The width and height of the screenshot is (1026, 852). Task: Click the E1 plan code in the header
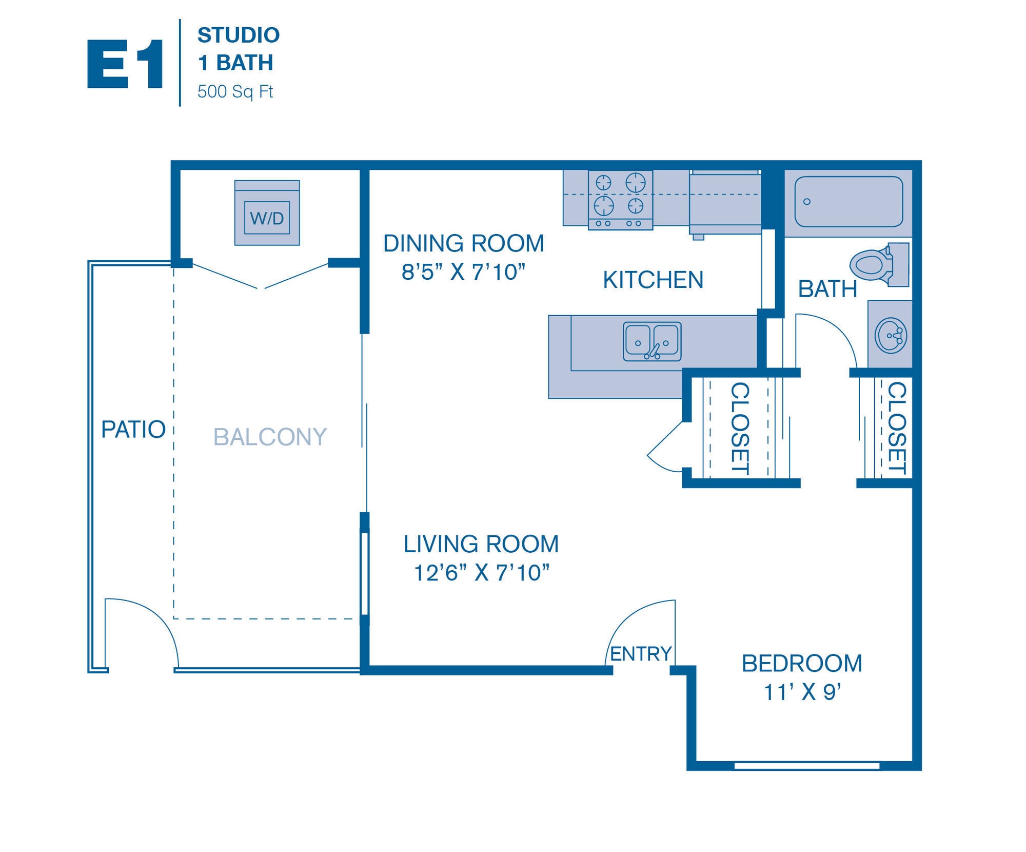tap(126, 65)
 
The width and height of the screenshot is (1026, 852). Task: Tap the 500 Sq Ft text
tap(235, 92)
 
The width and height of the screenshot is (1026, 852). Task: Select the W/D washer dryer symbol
tap(267, 213)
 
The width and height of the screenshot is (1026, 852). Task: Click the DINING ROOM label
tap(463, 243)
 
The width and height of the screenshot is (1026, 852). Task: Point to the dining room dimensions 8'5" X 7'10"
tap(463, 272)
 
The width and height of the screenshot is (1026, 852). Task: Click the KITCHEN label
tap(653, 280)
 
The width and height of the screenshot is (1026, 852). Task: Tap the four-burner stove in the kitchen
tap(620, 200)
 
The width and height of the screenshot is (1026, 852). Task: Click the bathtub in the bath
tap(848, 202)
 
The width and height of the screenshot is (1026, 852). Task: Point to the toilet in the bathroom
tap(877, 265)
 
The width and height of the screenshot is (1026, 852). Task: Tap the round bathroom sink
tap(890, 336)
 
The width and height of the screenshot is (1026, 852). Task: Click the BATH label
tap(827, 289)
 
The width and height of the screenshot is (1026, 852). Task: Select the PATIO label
tap(133, 430)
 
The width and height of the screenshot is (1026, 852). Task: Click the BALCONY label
tap(270, 437)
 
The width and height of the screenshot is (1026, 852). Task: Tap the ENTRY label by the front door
tap(640, 654)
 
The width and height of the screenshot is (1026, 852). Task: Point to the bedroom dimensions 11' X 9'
tap(802, 692)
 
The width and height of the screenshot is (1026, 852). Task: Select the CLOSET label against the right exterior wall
tap(897, 428)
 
